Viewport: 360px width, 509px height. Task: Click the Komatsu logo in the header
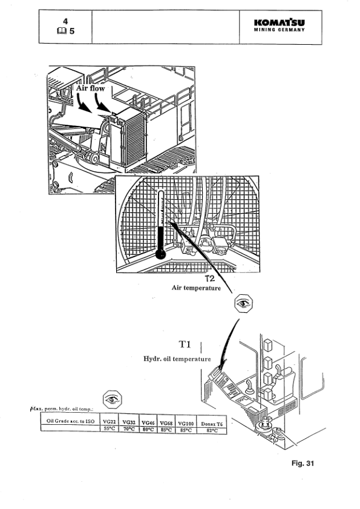(x=280, y=23)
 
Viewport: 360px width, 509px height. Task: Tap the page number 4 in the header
(x=65, y=21)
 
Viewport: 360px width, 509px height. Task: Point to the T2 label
(x=209, y=279)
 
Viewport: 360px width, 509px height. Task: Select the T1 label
(x=185, y=345)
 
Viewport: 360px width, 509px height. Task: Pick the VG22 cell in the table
(x=110, y=421)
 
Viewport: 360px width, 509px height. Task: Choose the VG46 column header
(x=149, y=421)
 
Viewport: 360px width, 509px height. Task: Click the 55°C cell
(x=110, y=429)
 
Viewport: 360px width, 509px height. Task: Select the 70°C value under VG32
(x=129, y=429)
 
